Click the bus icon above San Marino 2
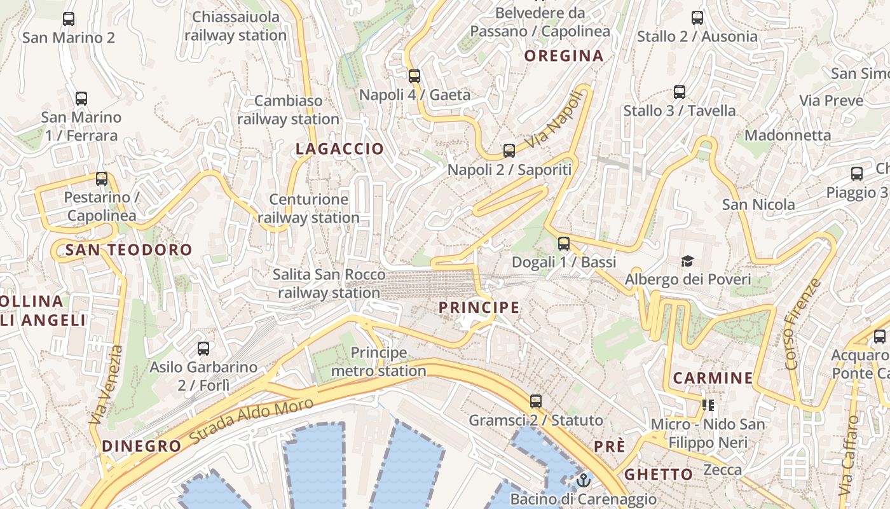point(69,19)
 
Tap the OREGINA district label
point(563,56)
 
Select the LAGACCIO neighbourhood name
point(339,149)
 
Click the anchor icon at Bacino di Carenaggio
point(584,480)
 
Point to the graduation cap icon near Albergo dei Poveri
point(687,261)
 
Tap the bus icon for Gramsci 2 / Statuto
point(536,401)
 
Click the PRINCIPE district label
point(479,308)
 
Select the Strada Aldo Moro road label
point(252,422)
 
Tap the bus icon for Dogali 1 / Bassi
point(564,244)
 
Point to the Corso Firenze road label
point(803,324)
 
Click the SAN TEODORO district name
point(128,250)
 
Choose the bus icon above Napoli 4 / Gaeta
point(414,76)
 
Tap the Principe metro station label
point(379,361)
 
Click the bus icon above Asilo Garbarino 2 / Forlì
point(203,349)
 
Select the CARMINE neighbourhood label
point(713,378)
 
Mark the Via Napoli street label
point(554,121)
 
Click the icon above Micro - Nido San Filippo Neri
point(708,405)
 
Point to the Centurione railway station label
point(309,208)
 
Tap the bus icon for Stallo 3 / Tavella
point(680,92)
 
